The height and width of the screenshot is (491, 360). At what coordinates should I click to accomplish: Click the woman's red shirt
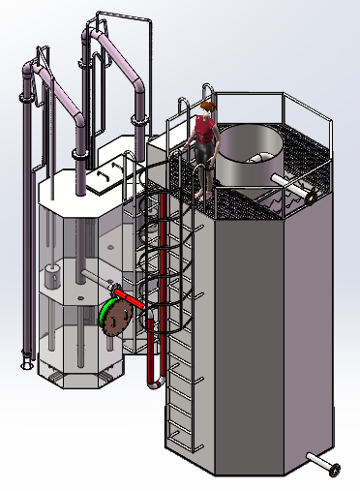(204, 129)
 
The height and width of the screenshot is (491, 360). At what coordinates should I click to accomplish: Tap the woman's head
(207, 107)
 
